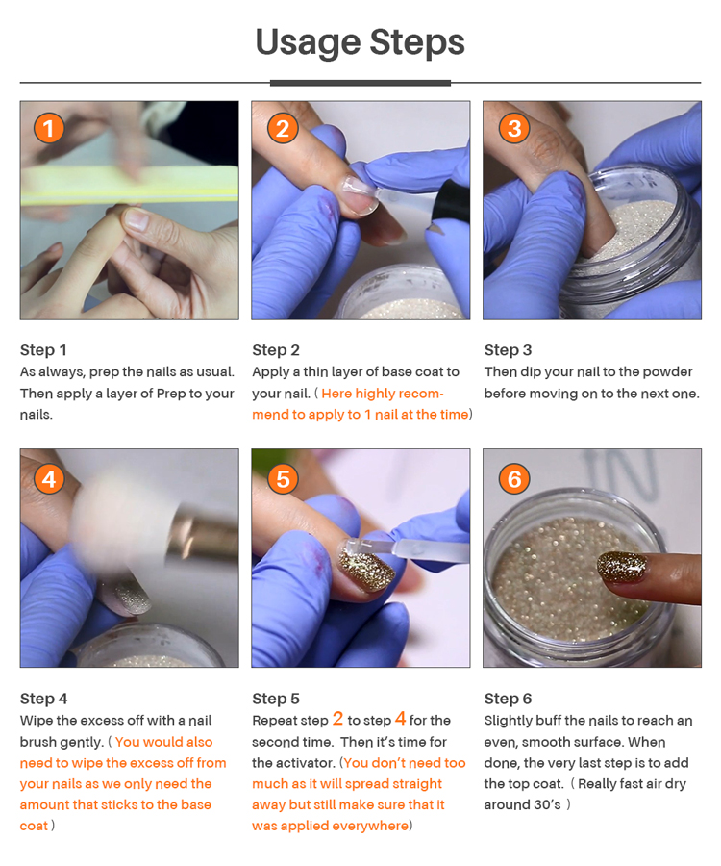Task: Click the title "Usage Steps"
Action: pyautogui.click(x=360, y=42)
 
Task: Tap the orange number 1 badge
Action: pyautogui.click(x=49, y=128)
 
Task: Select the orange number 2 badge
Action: pyautogui.click(x=283, y=128)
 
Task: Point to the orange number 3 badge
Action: pyautogui.click(x=514, y=128)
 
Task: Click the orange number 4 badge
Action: pyautogui.click(x=49, y=479)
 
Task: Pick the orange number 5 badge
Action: pyautogui.click(x=283, y=479)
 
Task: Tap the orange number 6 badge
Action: pyautogui.click(x=514, y=479)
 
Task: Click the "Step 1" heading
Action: pyautogui.click(x=43, y=350)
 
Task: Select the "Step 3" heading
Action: pyautogui.click(x=508, y=350)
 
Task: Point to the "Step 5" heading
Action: pyautogui.click(x=276, y=699)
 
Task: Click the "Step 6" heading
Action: pyautogui.click(x=508, y=699)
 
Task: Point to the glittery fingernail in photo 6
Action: pyautogui.click(x=622, y=567)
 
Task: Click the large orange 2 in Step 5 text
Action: pyautogui.click(x=337, y=719)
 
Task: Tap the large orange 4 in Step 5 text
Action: pyautogui.click(x=401, y=719)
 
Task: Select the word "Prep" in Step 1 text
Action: pyautogui.click(x=171, y=395)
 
